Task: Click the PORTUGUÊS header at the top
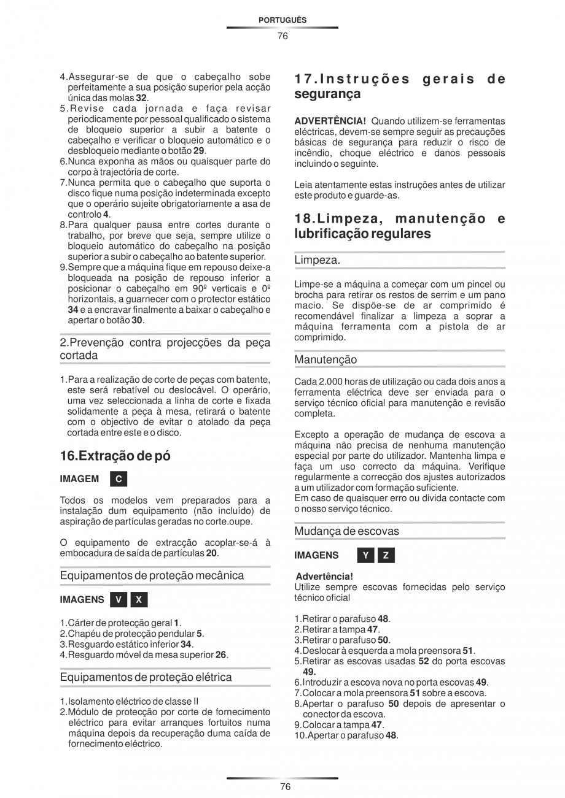click(282, 20)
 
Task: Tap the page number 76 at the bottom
click(282, 787)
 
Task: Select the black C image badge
click(119, 478)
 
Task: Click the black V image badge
click(119, 600)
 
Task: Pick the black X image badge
click(139, 600)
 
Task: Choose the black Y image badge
click(365, 555)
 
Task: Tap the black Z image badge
click(386, 555)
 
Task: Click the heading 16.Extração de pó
click(115, 456)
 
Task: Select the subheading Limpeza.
click(317, 260)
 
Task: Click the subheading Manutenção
click(325, 359)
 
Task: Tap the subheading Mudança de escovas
click(346, 531)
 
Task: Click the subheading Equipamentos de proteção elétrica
click(146, 677)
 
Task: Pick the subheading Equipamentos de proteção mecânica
click(152, 575)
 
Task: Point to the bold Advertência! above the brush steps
click(324, 577)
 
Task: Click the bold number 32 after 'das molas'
click(141, 98)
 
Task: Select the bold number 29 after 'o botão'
click(199, 151)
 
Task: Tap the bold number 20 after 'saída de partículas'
click(211, 553)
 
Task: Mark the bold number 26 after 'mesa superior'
click(221, 654)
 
